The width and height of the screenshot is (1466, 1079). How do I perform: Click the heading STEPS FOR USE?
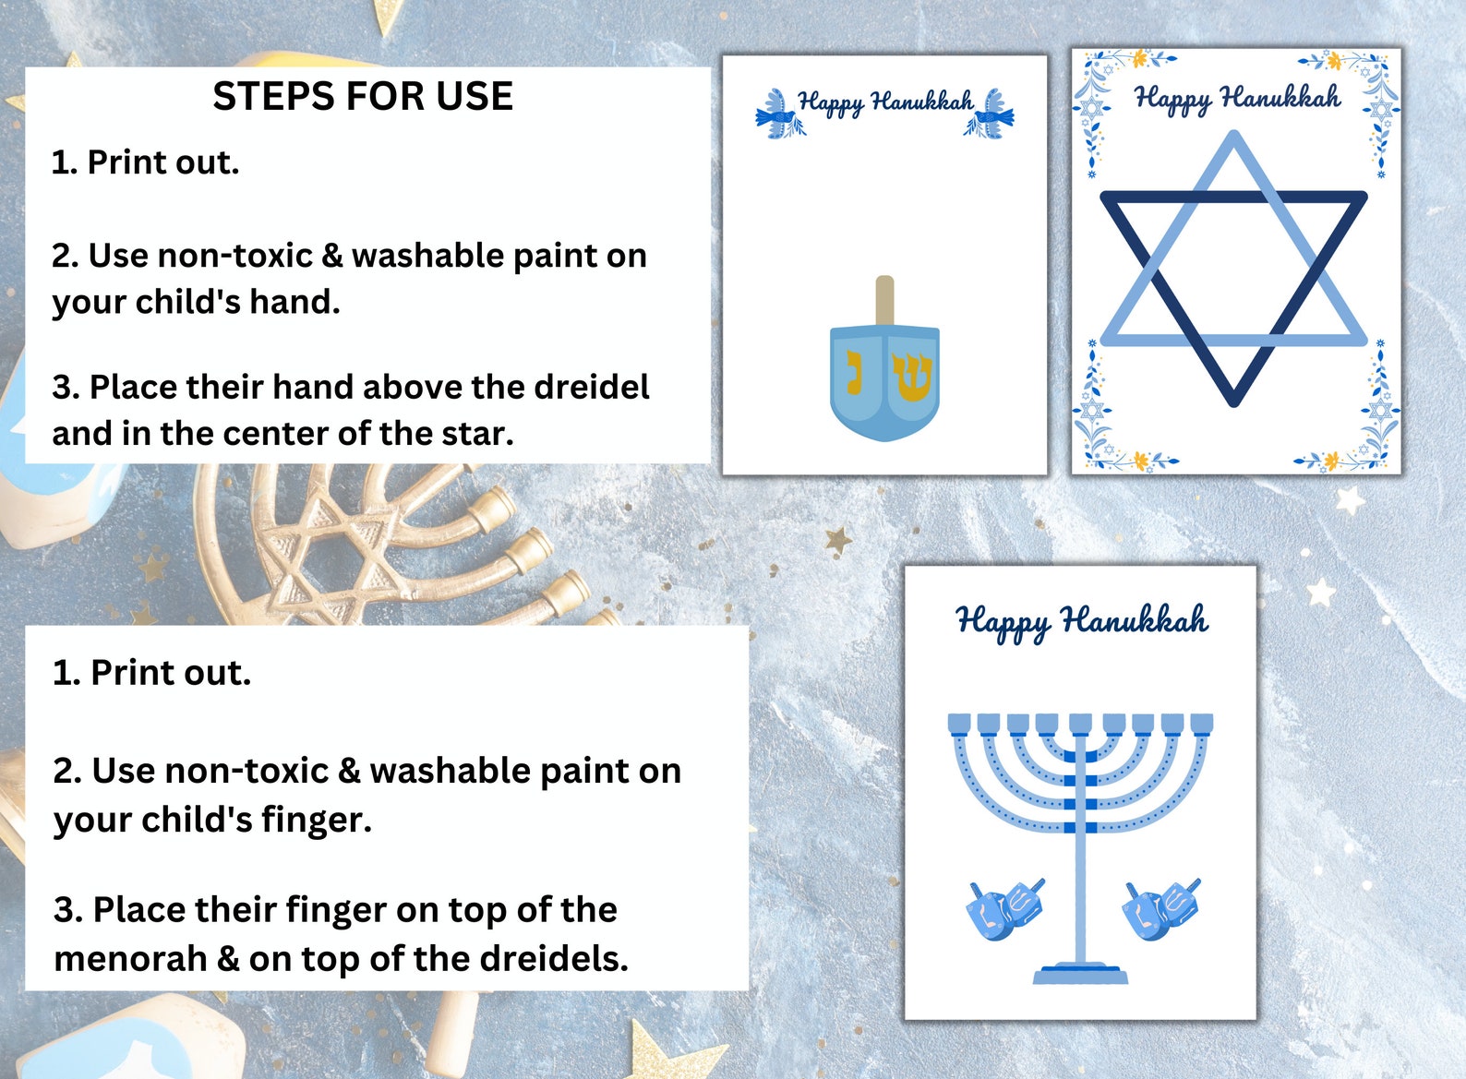pyautogui.click(x=363, y=97)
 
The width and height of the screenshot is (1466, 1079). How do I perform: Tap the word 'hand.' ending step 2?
pyautogui.click(x=294, y=302)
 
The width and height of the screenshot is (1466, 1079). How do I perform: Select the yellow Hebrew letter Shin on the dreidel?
pyautogui.click(x=912, y=377)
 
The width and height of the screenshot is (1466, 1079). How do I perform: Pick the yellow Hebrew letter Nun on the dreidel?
pyautogui.click(x=855, y=371)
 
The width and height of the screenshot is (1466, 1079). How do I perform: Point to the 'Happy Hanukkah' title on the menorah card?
pyautogui.click(x=1081, y=621)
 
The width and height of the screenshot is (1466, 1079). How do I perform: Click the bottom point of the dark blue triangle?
pyautogui.click(x=1233, y=399)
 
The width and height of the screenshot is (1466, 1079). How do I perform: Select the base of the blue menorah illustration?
pyautogui.click(x=1080, y=974)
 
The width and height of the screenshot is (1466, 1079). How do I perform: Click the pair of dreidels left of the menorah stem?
pyautogui.click(x=1005, y=908)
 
